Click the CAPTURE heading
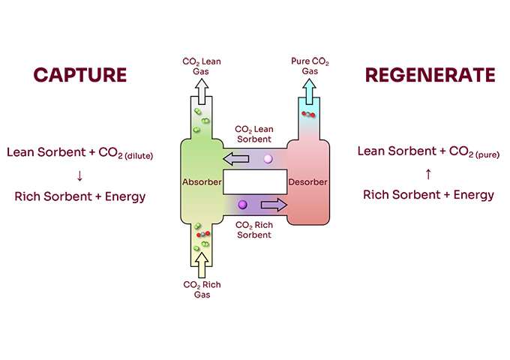click(x=79, y=75)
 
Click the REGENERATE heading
click(x=430, y=75)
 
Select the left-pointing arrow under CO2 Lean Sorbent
click(x=237, y=158)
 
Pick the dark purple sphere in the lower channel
click(x=242, y=204)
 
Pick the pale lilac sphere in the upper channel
click(x=268, y=158)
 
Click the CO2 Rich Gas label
click(x=201, y=289)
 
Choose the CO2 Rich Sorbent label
click(x=253, y=229)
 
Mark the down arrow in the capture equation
click(x=79, y=175)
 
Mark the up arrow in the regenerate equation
click(x=428, y=174)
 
